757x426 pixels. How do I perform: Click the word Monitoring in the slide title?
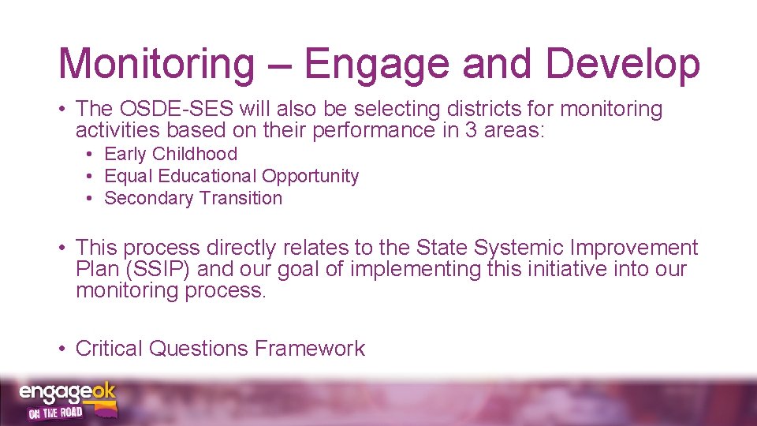point(156,63)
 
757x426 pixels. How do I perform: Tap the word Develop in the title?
point(622,63)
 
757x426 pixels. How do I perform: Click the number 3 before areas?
point(471,129)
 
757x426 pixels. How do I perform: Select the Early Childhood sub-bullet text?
point(170,154)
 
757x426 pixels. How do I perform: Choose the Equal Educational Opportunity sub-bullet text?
point(231,176)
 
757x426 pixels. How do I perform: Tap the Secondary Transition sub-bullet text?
point(193,198)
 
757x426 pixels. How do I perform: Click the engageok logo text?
point(66,393)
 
